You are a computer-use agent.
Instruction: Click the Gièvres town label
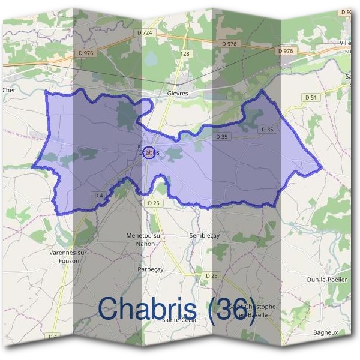(x=178, y=94)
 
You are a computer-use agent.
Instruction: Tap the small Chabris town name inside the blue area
(x=149, y=153)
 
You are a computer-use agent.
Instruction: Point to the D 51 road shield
(x=310, y=97)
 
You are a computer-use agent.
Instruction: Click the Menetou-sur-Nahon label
(x=145, y=238)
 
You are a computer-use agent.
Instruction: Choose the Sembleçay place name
(x=204, y=235)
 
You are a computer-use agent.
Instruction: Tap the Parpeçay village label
(x=151, y=269)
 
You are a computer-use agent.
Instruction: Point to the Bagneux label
(x=326, y=332)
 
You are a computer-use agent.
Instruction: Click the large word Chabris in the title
(x=147, y=308)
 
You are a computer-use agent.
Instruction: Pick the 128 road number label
(x=185, y=54)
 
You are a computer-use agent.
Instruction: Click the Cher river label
(x=8, y=91)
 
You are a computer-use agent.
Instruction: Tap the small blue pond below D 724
(x=151, y=59)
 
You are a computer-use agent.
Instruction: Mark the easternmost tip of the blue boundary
(x=323, y=167)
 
